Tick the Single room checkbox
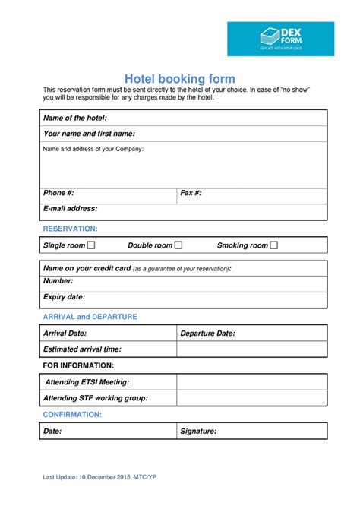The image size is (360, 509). click(91, 245)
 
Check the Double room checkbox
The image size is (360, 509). click(178, 245)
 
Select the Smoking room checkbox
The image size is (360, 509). click(274, 245)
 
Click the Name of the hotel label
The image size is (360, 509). click(75, 118)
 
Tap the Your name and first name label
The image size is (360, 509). click(89, 134)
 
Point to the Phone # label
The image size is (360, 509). click(58, 193)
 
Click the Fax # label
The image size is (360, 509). click(191, 193)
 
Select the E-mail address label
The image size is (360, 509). click(71, 208)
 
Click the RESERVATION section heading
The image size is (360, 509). click(71, 229)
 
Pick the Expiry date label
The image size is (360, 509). click(65, 297)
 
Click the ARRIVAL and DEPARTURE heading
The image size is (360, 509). click(90, 317)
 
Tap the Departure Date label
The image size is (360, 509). click(207, 333)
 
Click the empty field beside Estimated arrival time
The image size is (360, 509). click(251, 349)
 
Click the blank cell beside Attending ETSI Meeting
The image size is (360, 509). click(251, 381)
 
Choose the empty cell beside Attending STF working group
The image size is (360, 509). click(251, 398)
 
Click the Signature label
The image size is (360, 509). click(198, 431)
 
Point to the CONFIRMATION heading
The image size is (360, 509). click(73, 415)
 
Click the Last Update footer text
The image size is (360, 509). click(100, 477)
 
